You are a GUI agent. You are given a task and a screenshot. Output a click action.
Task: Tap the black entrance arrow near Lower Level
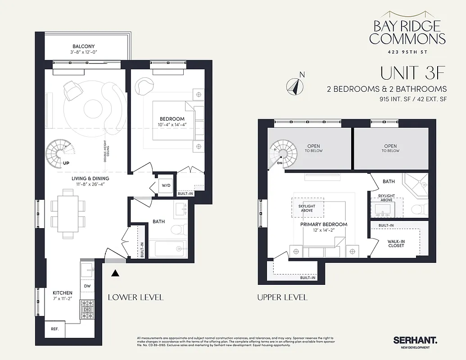[115, 272]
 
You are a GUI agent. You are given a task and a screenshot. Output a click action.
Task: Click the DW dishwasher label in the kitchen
[86, 286]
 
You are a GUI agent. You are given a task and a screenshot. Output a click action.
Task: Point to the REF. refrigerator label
[55, 329]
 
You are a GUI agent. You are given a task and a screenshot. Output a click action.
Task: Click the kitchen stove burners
[86, 309]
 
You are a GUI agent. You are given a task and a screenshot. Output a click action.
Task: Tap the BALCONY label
[84, 46]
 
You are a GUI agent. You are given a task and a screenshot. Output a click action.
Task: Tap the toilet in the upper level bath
[419, 208]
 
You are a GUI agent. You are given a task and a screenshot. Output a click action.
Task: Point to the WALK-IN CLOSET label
[396, 243]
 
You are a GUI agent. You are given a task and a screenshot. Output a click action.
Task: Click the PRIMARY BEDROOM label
[324, 224]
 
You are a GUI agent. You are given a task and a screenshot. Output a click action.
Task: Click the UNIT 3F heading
[410, 72]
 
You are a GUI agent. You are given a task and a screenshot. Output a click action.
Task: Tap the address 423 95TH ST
[408, 52]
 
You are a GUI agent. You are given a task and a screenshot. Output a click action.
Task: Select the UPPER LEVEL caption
[282, 297]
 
